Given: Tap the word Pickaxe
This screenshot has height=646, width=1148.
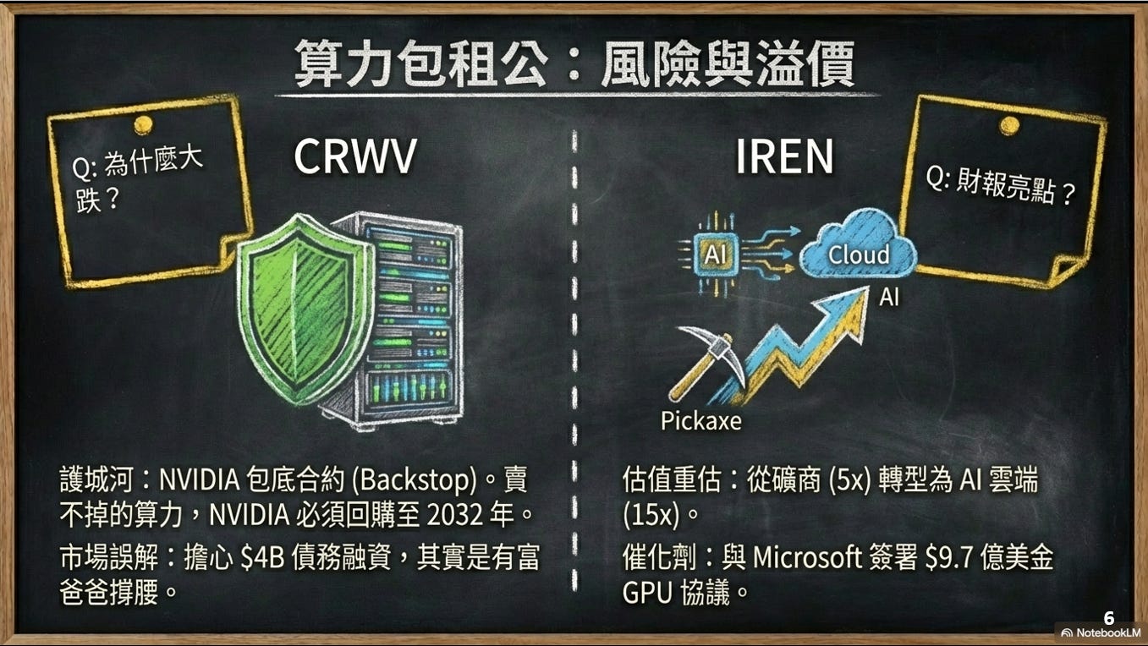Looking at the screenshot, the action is point(700,420).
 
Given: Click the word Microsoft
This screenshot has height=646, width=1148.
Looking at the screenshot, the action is point(812,558).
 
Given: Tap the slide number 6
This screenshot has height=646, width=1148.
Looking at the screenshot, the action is point(1109,618).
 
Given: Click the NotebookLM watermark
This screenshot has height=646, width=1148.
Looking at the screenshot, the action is point(1102,633).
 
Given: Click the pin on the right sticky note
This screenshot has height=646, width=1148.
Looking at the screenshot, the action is point(1008,125).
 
